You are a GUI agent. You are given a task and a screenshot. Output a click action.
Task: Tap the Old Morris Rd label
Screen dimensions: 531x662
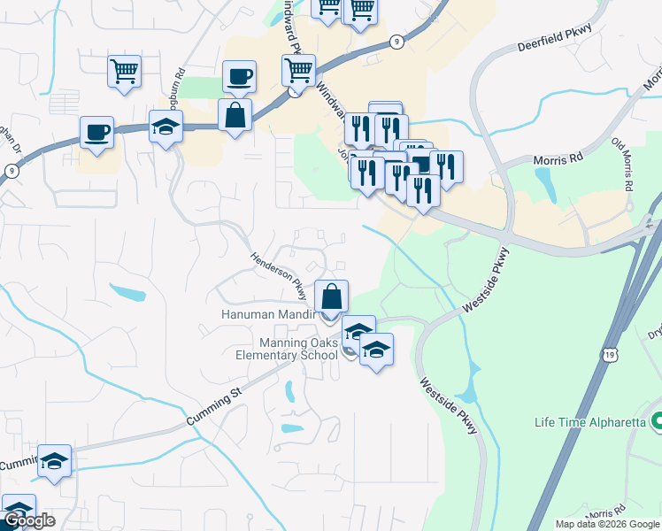622,164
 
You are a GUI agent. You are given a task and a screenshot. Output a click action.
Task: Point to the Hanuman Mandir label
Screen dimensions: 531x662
268,315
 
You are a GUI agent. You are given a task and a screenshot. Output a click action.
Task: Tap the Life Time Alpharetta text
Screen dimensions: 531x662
590,422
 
